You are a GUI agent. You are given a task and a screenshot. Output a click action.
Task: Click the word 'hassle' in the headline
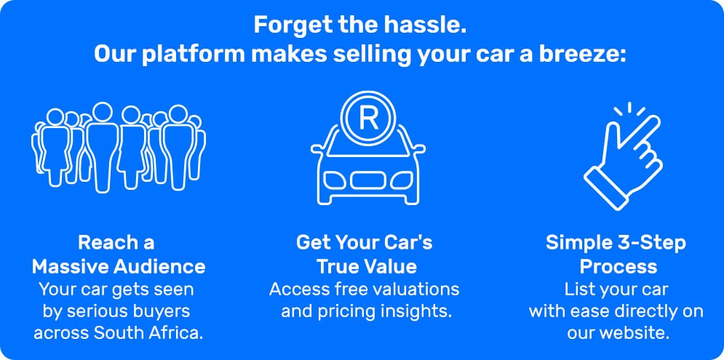(x=431, y=25)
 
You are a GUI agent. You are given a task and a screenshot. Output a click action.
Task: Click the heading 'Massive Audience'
(x=119, y=266)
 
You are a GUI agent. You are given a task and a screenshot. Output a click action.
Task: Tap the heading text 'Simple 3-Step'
(x=616, y=242)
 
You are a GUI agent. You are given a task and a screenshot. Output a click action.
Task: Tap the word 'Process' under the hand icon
(x=616, y=266)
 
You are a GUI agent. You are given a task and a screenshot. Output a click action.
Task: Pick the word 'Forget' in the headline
(x=286, y=25)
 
